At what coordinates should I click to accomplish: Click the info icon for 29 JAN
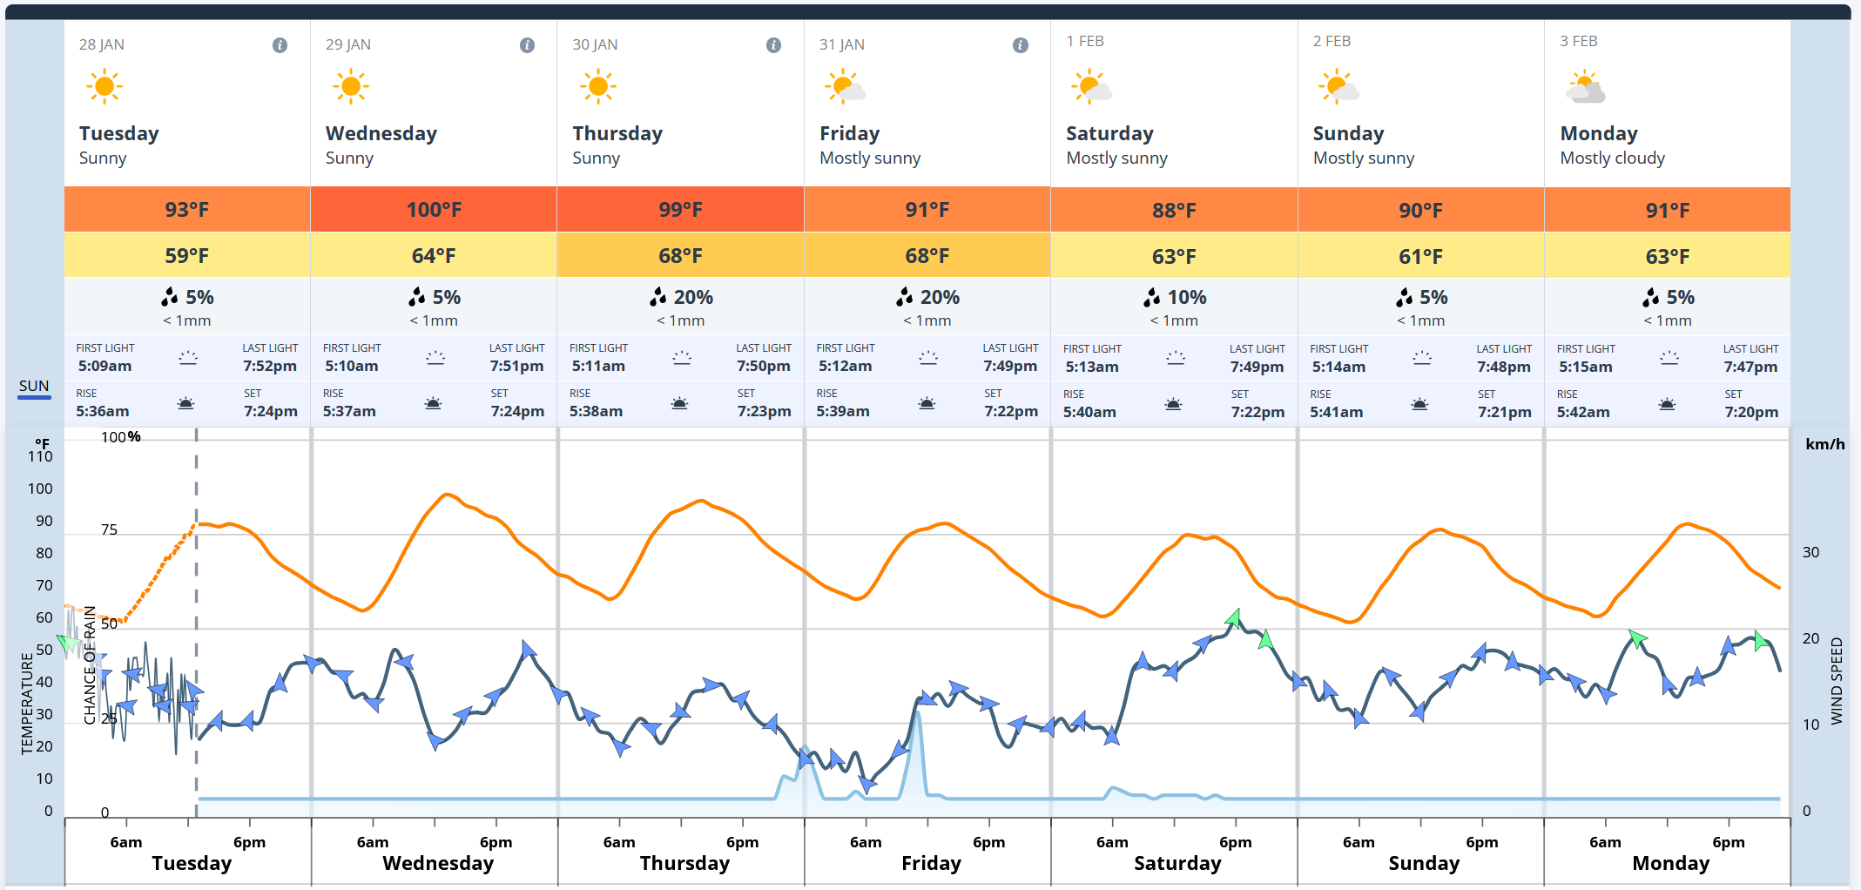[527, 45]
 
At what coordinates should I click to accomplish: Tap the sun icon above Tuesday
[105, 86]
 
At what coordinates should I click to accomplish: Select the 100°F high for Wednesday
[434, 210]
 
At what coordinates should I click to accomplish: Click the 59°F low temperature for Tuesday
[187, 256]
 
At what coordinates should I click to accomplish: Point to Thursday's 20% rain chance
[682, 297]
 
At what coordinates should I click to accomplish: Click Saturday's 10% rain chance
[1175, 297]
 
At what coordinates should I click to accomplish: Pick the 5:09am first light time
[105, 367]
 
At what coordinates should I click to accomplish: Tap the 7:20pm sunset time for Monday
[1751, 412]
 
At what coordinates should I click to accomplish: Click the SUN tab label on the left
[34, 386]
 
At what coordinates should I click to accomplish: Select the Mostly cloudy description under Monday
[1612, 158]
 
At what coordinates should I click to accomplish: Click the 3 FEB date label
[1578, 41]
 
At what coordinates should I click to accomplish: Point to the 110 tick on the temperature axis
[40, 456]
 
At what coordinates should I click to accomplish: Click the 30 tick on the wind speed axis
[1810, 552]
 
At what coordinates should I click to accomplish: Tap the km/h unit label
[1824, 444]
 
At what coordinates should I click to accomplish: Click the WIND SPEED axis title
[1837, 681]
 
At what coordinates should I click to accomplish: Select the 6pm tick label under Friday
[988, 842]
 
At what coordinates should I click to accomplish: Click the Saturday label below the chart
[1177, 863]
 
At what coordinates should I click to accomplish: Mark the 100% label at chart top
[120, 437]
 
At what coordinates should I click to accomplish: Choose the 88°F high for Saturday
[1174, 211]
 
